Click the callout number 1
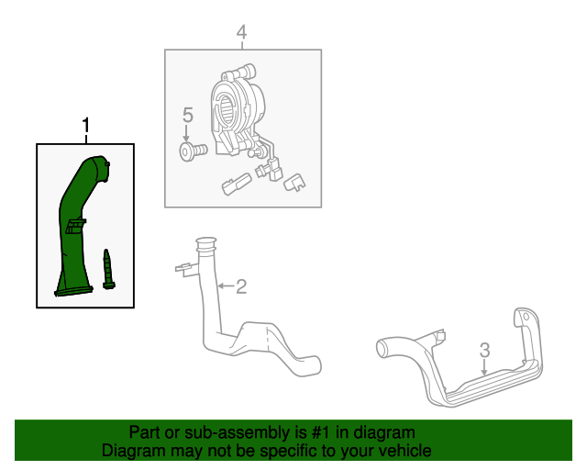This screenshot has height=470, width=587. coord(86,125)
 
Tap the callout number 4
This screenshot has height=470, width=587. coord(242,32)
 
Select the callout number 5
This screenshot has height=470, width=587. coord(188,115)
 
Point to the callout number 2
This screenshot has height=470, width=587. coord(241,286)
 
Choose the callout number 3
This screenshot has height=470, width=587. coord(485,350)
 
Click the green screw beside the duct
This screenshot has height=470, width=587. coord(108,269)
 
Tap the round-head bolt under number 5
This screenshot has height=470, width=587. coord(193,151)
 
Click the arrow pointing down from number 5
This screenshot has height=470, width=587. coord(186,133)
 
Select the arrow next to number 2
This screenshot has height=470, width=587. coord(227,286)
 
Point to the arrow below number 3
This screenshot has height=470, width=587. coord(484,367)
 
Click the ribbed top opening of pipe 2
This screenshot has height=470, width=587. coord(205,244)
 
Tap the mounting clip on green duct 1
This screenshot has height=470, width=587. coord(76,226)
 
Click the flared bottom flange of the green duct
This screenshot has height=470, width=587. coord(73,291)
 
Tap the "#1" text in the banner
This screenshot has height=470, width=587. coord(321,432)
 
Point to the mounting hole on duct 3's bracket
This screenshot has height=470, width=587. coord(526,317)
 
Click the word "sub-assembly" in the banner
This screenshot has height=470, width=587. coord(238,433)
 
